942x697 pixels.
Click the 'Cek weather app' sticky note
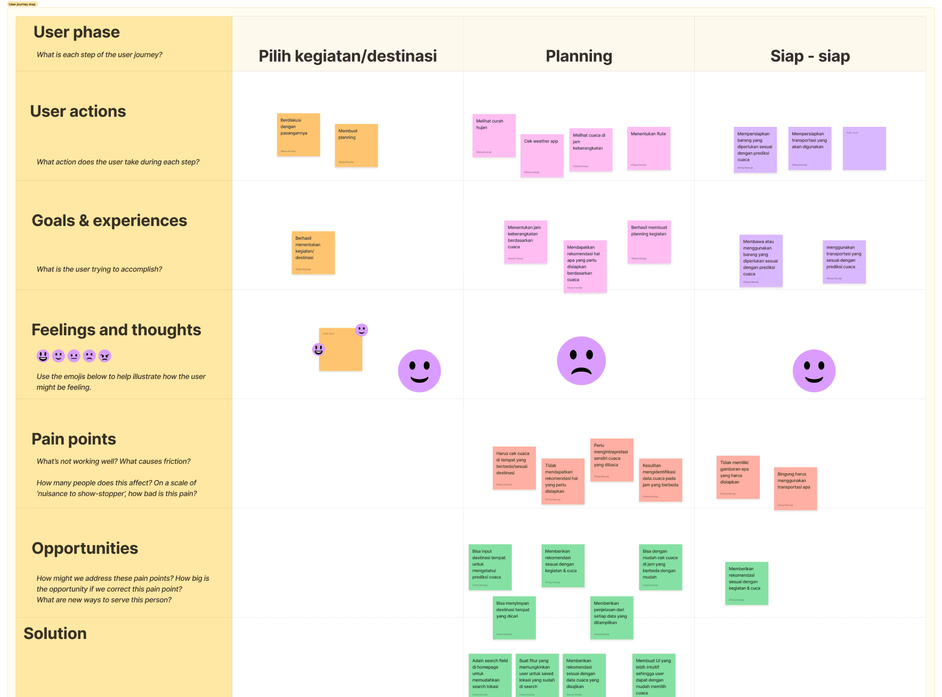point(542,155)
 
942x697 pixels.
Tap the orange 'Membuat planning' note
point(356,145)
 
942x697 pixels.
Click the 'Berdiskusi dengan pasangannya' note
point(298,135)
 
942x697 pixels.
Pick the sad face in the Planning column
point(581,361)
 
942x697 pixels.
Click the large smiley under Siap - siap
point(814,371)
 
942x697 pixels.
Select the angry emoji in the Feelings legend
point(105,356)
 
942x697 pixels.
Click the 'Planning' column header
point(579,56)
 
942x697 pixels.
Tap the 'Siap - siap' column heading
point(810,56)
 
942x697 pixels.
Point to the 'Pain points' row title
point(74,439)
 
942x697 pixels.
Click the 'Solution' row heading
point(55,634)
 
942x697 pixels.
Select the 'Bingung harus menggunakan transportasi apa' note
point(795,489)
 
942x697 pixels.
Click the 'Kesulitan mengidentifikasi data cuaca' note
point(661,480)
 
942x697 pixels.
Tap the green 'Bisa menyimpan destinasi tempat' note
point(514,618)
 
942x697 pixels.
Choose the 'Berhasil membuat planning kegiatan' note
point(649,242)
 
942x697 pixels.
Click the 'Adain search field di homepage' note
point(490,675)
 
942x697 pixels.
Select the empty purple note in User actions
point(864,149)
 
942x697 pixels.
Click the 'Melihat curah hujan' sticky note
point(494,136)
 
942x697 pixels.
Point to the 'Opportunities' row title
point(85,548)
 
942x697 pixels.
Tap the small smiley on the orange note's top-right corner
point(362,330)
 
